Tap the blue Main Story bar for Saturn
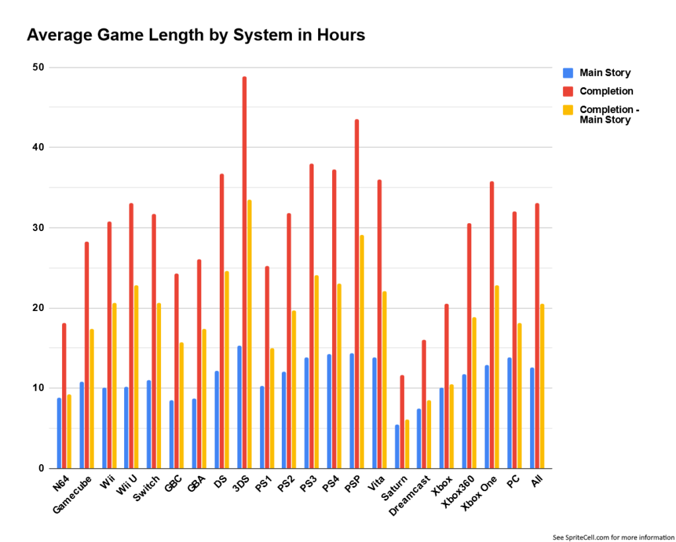(x=397, y=446)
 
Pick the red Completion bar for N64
(x=64, y=396)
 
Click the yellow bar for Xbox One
(x=496, y=377)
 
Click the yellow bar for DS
(x=227, y=370)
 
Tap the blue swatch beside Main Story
(x=568, y=73)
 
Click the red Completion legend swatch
(x=568, y=91)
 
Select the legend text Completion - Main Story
(x=609, y=114)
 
